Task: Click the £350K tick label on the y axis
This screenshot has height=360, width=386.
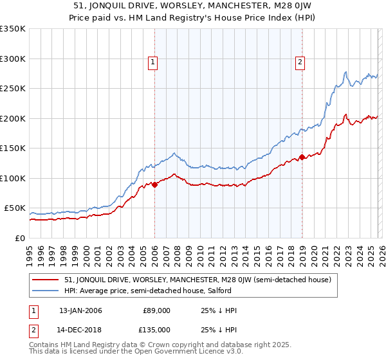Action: coord(13,29)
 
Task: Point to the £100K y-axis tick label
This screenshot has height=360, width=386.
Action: coord(13,178)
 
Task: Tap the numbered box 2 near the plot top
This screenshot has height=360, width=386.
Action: coord(300,62)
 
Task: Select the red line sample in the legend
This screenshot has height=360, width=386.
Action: coord(46,280)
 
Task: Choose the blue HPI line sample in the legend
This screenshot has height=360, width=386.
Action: coord(46,291)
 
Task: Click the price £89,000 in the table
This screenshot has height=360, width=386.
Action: coord(157,310)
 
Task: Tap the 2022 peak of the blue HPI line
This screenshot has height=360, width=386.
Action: coord(346,72)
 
